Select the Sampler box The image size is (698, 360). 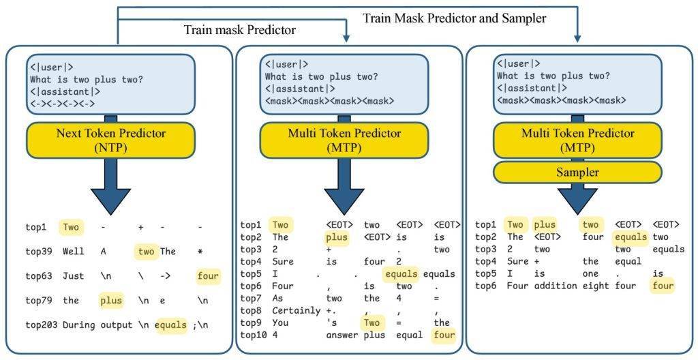click(x=577, y=172)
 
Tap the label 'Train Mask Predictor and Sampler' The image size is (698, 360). click(x=454, y=18)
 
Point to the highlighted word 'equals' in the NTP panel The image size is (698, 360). click(x=170, y=325)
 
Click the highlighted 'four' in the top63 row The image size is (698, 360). click(x=208, y=275)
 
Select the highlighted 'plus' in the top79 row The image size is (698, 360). click(x=111, y=300)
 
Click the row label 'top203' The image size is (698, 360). click(x=41, y=325)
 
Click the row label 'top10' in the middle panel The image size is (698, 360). click(x=253, y=334)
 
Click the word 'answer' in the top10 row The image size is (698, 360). click(x=342, y=334)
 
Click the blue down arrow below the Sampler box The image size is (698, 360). click(x=577, y=196)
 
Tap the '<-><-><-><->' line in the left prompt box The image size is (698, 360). click(x=62, y=104)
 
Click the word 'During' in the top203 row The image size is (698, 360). click(x=77, y=325)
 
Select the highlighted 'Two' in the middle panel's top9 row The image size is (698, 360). click(x=372, y=322)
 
